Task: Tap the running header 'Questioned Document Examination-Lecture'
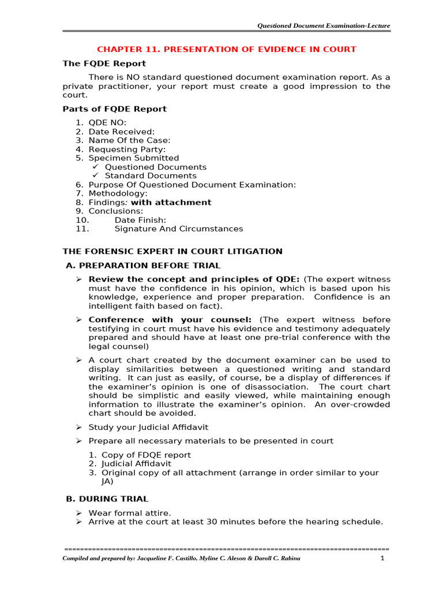[x=324, y=25]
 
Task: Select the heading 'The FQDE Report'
[x=104, y=63]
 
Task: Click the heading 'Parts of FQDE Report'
[x=114, y=109]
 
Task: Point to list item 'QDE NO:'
[x=107, y=122]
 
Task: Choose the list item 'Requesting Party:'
[x=127, y=149]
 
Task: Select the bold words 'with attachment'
[x=171, y=203]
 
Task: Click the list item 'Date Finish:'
[x=140, y=220]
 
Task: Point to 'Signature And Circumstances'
[x=179, y=229]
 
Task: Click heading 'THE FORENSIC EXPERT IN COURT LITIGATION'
[x=172, y=252]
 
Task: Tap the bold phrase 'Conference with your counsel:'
[x=170, y=320]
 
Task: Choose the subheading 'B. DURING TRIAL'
[x=107, y=499]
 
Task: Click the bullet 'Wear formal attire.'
[x=130, y=513]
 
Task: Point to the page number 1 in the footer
[x=382, y=559]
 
